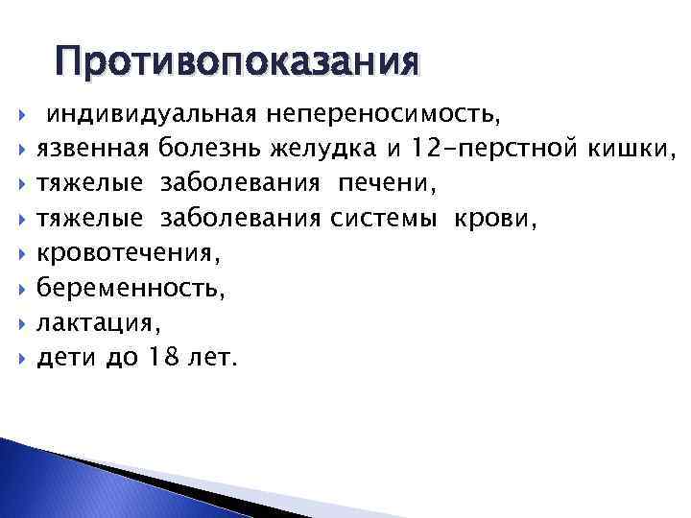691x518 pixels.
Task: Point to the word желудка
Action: [318, 150]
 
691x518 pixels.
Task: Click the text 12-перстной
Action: [493, 150]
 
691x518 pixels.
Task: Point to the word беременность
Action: [130, 289]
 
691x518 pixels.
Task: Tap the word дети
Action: [60, 359]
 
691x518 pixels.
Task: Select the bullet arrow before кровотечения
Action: [21, 255]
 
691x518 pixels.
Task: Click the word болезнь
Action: [209, 150]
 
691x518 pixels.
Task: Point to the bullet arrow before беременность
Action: [21, 290]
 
